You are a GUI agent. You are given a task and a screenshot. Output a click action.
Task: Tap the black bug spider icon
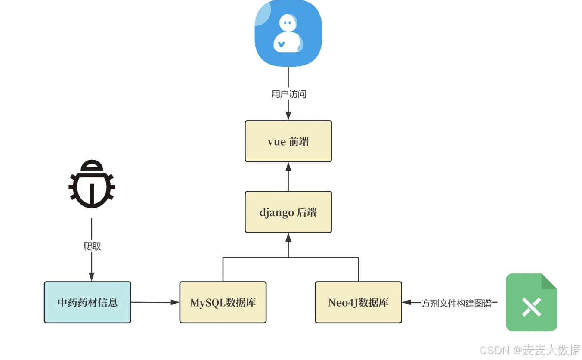point(92,184)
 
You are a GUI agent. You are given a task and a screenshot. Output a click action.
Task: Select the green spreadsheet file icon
point(531,302)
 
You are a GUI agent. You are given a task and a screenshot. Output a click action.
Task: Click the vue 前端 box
point(288,141)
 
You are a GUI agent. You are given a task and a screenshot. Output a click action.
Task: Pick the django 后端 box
point(288,212)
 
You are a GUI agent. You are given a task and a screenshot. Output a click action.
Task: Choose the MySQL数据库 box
point(223,302)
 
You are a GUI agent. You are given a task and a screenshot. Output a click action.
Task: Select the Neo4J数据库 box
point(358,302)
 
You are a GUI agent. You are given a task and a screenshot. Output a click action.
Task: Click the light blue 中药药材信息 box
point(87,302)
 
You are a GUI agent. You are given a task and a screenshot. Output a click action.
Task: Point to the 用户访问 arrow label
point(288,94)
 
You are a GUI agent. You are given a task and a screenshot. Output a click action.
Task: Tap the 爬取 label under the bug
point(92,246)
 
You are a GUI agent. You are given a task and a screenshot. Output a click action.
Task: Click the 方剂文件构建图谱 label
point(456,304)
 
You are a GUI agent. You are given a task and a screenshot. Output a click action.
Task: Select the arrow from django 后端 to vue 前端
point(288,177)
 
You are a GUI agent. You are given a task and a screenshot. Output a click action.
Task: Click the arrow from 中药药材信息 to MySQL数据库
point(155,302)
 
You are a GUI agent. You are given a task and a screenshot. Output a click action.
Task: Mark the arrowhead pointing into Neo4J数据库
point(406,303)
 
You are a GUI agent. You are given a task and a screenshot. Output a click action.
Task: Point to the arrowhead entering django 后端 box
point(288,237)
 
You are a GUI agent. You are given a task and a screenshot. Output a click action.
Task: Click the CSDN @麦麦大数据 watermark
point(529,350)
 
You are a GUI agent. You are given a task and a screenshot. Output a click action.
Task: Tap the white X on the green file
point(531,307)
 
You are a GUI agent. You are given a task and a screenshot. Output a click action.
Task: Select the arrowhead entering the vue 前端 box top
point(288,116)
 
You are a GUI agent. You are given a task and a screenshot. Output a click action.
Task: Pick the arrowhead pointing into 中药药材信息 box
point(91,277)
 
